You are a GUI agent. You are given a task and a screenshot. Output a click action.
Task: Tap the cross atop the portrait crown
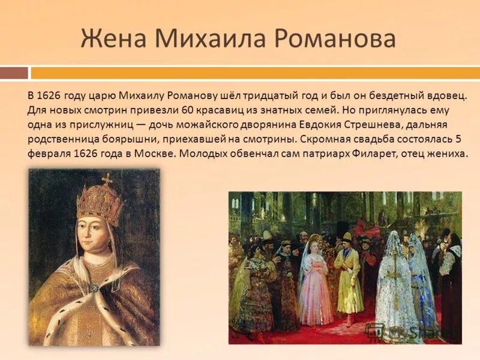tap(107, 179)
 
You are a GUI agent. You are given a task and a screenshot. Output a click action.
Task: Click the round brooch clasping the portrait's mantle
tap(94, 288)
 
